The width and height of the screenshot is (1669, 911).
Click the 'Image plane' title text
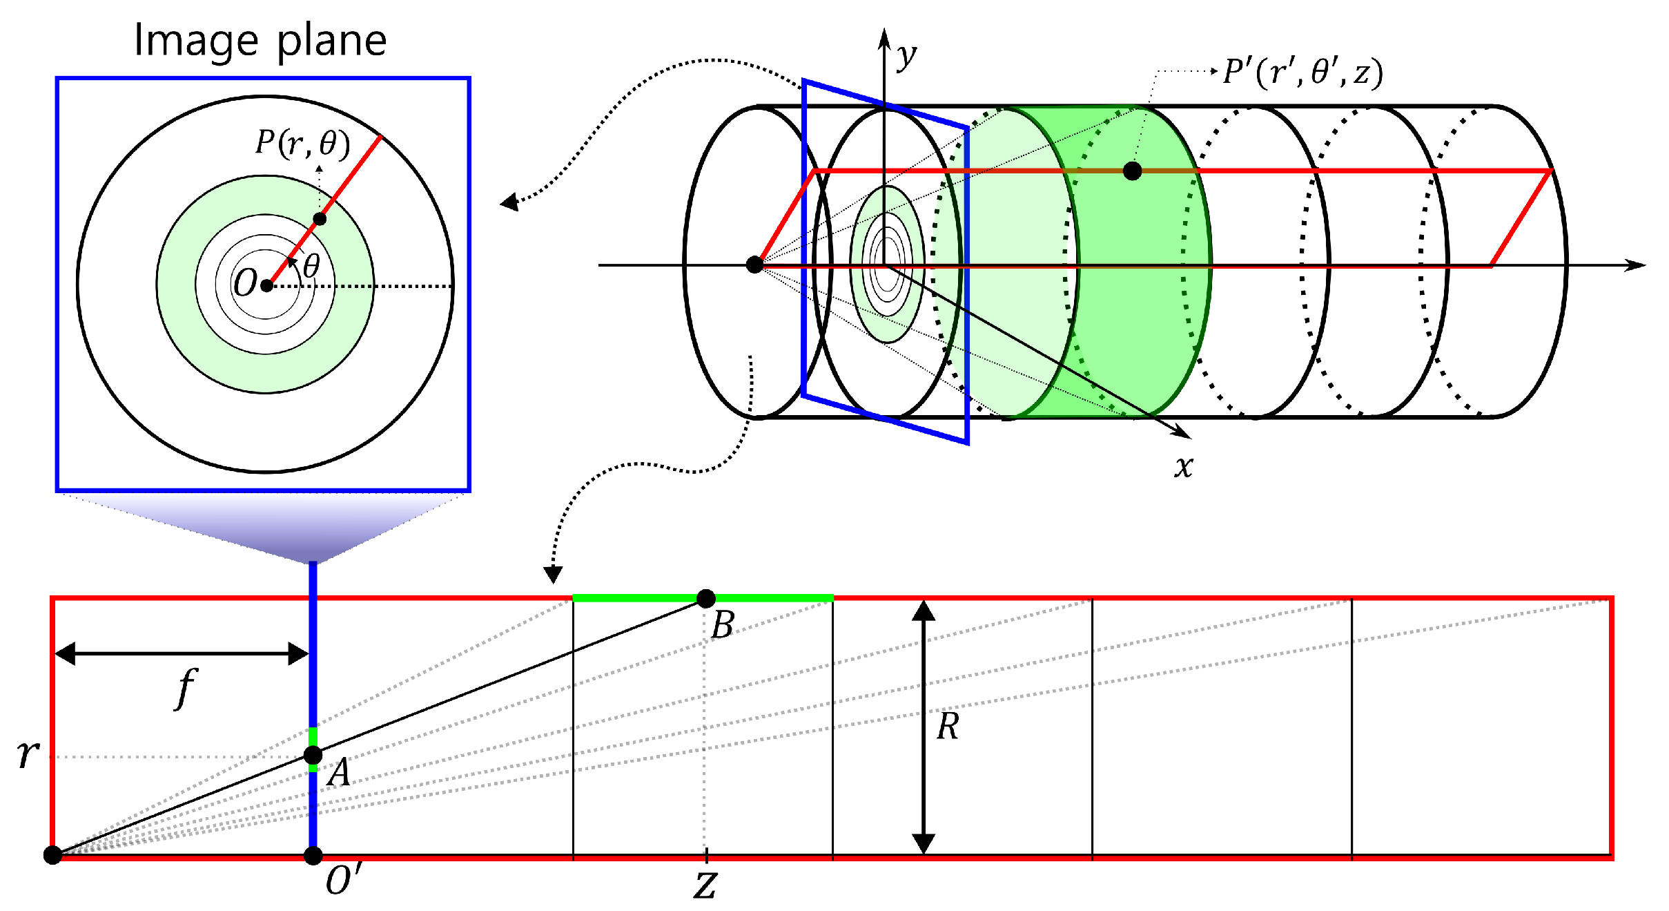pos(260,40)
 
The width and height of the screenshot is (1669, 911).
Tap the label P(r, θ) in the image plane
pos(302,143)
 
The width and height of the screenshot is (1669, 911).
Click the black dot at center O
pos(266,285)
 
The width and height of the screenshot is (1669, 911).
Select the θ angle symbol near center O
pos(311,266)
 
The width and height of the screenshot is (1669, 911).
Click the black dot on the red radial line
pos(320,219)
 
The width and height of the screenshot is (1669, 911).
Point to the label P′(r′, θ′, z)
pos(1302,73)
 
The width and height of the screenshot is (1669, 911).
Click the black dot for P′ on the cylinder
pos(1132,171)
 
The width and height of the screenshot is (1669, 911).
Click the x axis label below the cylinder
pos(1183,466)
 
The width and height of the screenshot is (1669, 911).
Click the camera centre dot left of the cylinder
pos(755,265)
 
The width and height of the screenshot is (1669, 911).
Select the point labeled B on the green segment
pos(705,599)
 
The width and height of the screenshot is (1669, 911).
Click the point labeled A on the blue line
pos(313,755)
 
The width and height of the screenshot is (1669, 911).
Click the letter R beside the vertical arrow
pos(947,727)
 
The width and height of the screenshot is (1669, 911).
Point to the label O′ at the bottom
pos(342,881)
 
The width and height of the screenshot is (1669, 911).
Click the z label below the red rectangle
pos(705,885)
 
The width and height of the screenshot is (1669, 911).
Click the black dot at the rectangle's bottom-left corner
pos(52,855)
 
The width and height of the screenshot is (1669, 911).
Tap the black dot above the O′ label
pos(313,856)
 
